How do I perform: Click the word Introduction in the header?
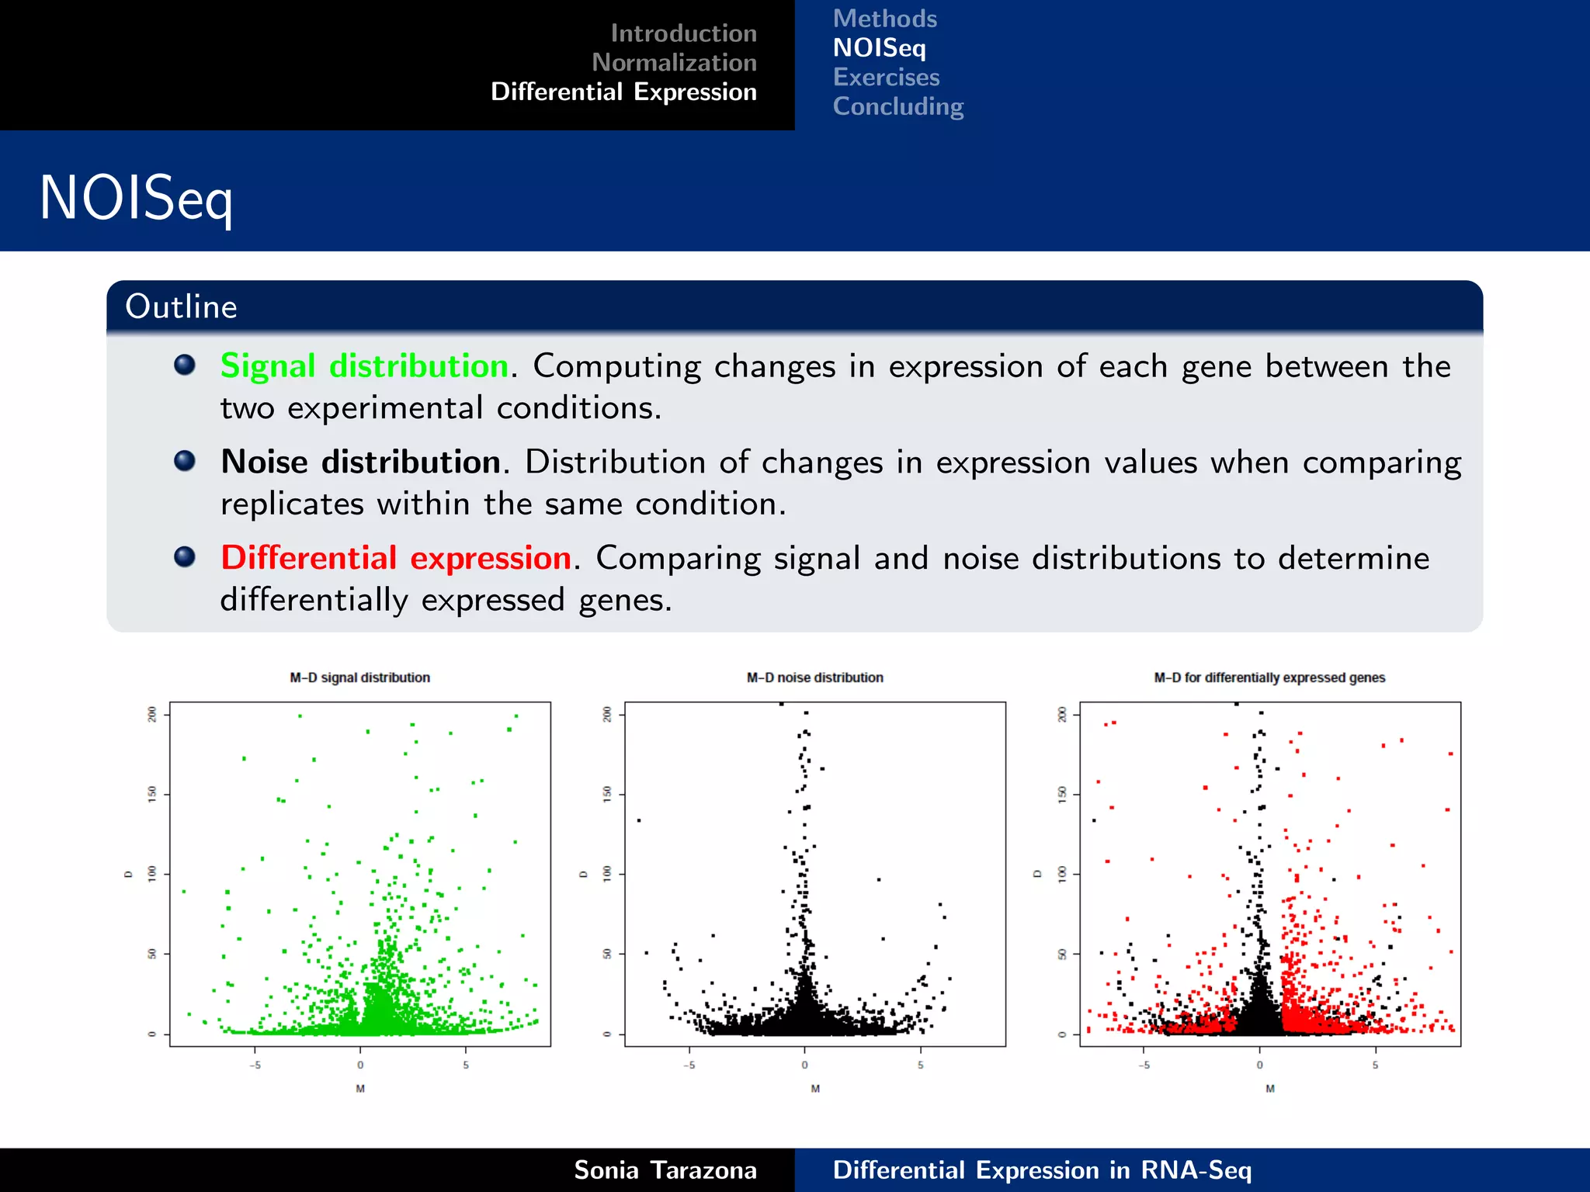pyautogui.click(x=683, y=33)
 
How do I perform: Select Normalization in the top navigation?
pyautogui.click(x=674, y=62)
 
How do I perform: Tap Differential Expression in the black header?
pyautogui.click(x=623, y=92)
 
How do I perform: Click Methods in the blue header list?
pyautogui.click(x=884, y=19)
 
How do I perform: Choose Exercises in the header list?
pyautogui.click(x=886, y=78)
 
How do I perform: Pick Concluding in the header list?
pyautogui.click(x=897, y=106)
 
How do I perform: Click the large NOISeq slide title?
pyautogui.click(x=136, y=199)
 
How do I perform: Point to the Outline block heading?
pyautogui.click(x=181, y=307)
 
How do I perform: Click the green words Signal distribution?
pyautogui.click(x=364, y=366)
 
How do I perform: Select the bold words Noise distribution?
pyautogui.click(x=360, y=463)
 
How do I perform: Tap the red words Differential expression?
pyautogui.click(x=396, y=559)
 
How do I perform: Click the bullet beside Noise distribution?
pyautogui.click(x=185, y=461)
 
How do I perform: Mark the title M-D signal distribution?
pyautogui.click(x=359, y=677)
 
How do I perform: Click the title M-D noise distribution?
pyautogui.click(x=814, y=677)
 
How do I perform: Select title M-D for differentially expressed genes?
pyautogui.click(x=1269, y=677)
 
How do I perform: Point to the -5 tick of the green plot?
pyautogui.click(x=255, y=1066)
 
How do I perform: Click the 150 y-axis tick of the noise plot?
pyautogui.click(x=607, y=793)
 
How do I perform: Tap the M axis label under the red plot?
pyautogui.click(x=1270, y=1089)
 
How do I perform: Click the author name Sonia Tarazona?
pyautogui.click(x=665, y=1170)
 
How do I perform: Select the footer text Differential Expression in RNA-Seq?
pyautogui.click(x=1042, y=1170)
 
